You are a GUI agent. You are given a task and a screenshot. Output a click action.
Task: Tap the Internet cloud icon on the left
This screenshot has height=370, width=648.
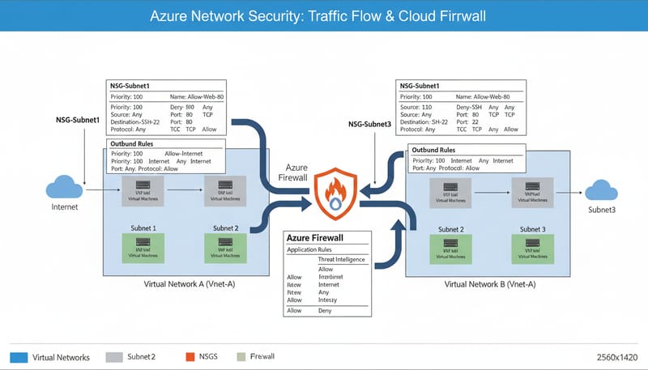(x=65, y=187)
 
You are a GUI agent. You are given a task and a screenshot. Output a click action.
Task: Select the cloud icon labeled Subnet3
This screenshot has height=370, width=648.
(x=602, y=189)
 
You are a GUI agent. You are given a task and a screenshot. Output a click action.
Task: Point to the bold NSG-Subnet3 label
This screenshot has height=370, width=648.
(x=369, y=125)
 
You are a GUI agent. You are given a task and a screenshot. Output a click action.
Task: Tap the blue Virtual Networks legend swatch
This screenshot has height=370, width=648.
(x=19, y=357)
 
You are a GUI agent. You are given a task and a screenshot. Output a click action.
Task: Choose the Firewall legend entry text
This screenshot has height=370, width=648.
(x=262, y=357)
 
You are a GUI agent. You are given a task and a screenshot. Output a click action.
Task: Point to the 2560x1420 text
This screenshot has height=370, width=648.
(x=612, y=357)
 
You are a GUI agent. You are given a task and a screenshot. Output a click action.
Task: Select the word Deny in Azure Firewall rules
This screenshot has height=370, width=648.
(x=326, y=310)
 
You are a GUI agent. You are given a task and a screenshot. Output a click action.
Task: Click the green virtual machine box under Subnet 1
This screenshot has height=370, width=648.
(x=143, y=245)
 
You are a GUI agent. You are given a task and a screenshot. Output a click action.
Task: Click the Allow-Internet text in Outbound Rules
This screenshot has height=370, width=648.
(x=184, y=153)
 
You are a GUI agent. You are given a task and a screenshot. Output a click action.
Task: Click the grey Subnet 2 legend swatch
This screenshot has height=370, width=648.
(x=113, y=357)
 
